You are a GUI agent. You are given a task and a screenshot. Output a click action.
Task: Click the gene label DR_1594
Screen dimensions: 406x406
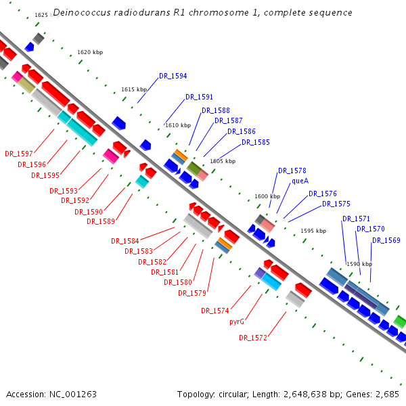[173, 76]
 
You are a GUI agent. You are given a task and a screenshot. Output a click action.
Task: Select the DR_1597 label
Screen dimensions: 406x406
[18, 154]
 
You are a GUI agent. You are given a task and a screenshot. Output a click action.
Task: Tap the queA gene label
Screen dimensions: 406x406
[300, 181]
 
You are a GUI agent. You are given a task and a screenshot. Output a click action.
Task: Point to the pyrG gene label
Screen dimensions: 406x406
[236, 321]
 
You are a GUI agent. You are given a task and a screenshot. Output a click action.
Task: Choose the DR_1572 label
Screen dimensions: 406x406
[252, 338]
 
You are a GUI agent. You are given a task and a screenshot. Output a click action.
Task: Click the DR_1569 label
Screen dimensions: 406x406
[386, 241]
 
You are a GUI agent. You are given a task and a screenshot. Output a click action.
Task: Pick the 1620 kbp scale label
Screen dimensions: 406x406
[90, 52]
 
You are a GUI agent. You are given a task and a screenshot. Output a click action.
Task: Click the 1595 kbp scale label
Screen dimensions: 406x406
[313, 231]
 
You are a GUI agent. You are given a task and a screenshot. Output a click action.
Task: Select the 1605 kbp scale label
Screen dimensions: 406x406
[223, 161]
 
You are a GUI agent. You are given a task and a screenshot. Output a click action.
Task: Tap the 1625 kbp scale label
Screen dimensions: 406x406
[41, 15]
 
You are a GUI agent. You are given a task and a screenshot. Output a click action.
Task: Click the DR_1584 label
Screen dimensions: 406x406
[125, 241]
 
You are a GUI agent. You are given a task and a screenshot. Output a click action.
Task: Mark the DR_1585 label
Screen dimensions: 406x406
[255, 143]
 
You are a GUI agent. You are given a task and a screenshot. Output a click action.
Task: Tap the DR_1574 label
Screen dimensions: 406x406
[215, 311]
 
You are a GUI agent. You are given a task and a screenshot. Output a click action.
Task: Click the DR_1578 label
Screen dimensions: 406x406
[292, 171]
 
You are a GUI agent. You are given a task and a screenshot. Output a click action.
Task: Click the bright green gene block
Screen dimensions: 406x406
[400, 321]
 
